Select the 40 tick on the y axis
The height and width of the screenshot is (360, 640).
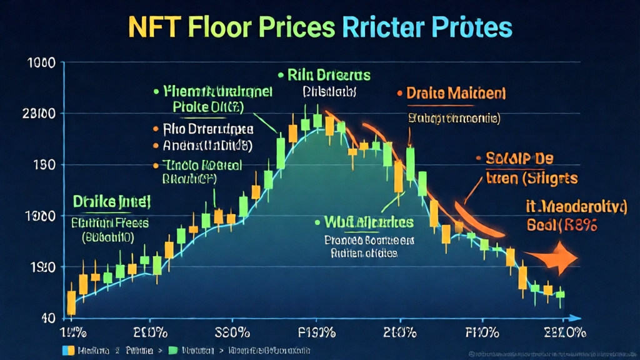48,317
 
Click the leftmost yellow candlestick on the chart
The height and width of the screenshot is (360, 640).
71,302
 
